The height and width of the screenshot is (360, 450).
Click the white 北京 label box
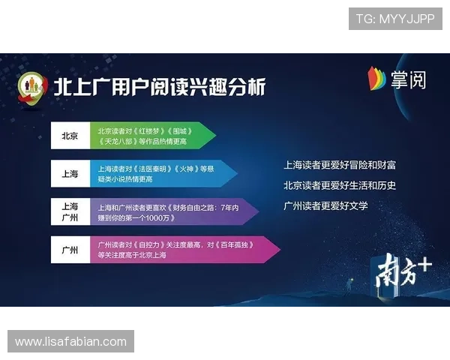tap(70, 136)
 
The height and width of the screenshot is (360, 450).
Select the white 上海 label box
tap(70, 173)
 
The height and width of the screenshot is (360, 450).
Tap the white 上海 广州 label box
tap(70, 211)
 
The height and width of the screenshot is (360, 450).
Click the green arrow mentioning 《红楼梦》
tap(150, 136)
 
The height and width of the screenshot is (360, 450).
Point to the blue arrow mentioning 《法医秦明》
tap(161, 173)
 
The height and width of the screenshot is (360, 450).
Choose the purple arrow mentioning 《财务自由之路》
tap(172, 211)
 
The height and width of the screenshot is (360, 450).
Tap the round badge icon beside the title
tap(32, 88)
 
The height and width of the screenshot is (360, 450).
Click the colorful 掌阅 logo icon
tap(376, 78)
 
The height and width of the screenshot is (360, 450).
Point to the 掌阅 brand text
tap(408, 79)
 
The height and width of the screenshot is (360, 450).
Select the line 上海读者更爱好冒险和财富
tap(340, 164)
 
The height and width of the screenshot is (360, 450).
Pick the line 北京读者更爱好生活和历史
tap(340, 185)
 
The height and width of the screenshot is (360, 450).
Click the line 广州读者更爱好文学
tap(325, 205)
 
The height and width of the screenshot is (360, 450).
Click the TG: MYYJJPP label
tap(395, 19)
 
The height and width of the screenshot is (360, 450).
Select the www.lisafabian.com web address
tap(71, 342)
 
